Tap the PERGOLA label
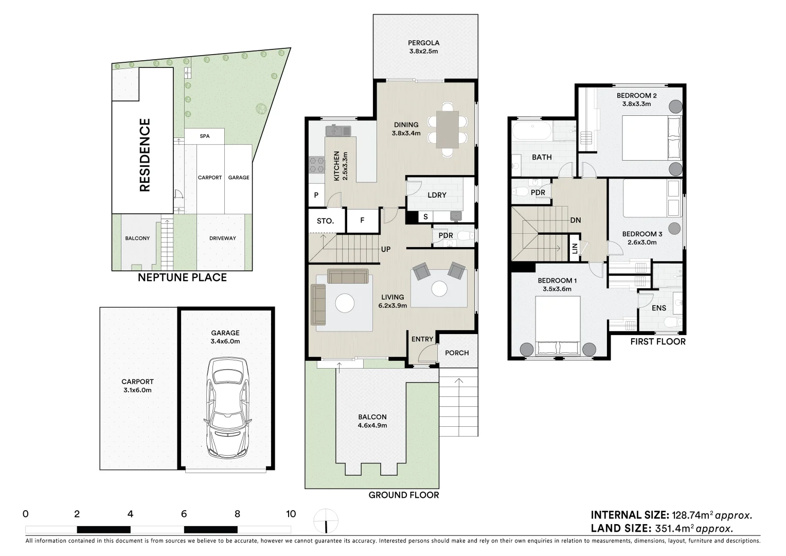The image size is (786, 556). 423,43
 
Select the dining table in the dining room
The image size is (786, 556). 448,129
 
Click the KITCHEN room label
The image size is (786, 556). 336,166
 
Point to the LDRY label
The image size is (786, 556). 437,195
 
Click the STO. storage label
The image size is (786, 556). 325,221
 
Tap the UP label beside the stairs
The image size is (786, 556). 386,249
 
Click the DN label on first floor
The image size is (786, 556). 576,220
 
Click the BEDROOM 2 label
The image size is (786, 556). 636,96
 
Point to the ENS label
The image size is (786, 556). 658,308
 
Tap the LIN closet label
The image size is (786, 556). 575,249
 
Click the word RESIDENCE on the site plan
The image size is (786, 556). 145,155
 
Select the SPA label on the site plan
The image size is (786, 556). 205,136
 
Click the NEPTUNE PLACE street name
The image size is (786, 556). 182,277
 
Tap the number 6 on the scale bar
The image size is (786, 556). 184,514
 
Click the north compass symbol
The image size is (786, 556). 326,521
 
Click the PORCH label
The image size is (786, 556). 457,353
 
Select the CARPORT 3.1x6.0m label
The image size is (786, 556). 137,386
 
